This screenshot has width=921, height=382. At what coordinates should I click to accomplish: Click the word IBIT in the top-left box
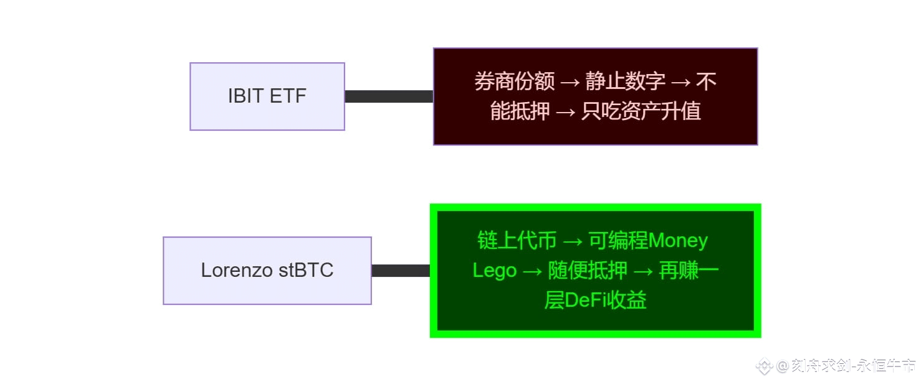coord(246,96)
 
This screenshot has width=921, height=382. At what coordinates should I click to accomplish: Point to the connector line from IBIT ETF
coord(389,96)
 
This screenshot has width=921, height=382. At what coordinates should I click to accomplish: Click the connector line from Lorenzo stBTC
coord(401,271)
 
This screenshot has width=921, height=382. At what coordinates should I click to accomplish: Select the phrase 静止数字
coord(625,82)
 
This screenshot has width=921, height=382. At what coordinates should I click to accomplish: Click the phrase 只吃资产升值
coord(641,111)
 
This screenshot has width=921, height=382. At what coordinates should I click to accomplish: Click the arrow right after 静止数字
coord(680,82)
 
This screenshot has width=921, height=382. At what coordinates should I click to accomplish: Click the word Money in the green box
coord(677,241)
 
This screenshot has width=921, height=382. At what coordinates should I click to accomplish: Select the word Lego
coord(495,271)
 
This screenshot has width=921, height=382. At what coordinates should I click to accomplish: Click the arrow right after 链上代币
coord(573,241)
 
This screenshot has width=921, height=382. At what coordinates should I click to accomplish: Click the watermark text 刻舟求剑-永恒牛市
coord(854,366)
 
